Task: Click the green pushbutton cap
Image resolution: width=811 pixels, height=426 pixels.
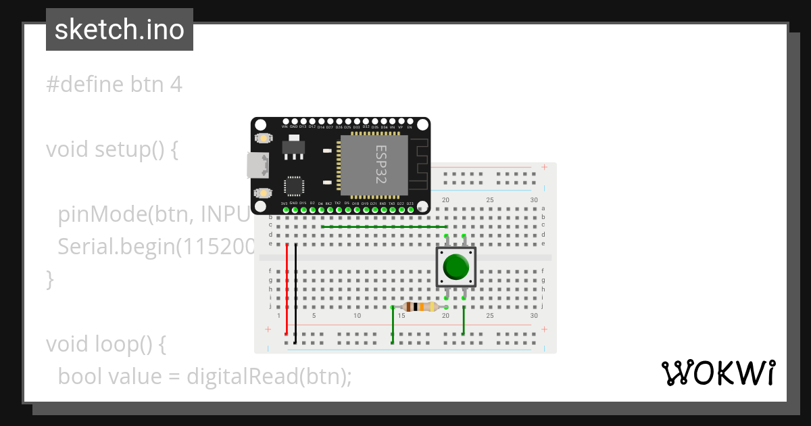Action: [x=456, y=267]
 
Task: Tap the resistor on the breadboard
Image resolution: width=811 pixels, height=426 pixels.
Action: [x=420, y=307]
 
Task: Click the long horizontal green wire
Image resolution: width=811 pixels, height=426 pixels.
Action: [x=383, y=227]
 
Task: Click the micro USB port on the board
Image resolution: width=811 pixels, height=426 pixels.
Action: [x=257, y=165]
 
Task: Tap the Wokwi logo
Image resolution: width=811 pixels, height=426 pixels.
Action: [x=718, y=373]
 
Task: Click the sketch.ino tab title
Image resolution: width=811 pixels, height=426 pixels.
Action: [x=119, y=30]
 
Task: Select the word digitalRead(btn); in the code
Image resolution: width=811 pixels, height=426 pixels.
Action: [x=269, y=376]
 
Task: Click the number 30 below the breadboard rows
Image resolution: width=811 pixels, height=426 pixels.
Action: [x=534, y=316]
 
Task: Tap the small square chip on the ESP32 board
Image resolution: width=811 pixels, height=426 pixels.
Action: [x=295, y=186]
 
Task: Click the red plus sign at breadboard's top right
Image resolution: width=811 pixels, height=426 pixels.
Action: [x=544, y=167]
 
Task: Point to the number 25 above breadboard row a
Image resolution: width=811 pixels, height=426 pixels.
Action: [x=490, y=200]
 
